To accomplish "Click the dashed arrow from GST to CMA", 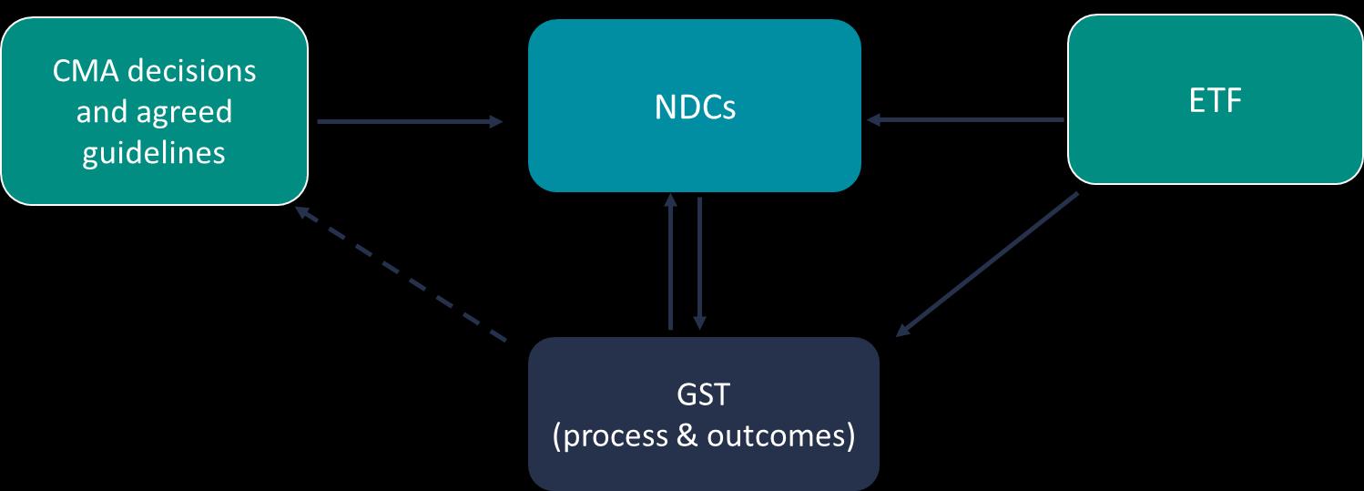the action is (x=401, y=274).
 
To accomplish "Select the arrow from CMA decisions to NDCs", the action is (x=410, y=121).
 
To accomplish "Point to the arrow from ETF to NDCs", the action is (x=965, y=119).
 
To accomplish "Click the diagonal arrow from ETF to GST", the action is (x=988, y=264).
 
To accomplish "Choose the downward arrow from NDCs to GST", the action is (x=699, y=263).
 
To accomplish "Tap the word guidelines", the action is (x=154, y=152).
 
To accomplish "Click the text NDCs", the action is (x=695, y=107).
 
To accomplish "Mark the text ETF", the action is (x=1216, y=100).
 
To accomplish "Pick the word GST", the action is (x=704, y=396).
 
